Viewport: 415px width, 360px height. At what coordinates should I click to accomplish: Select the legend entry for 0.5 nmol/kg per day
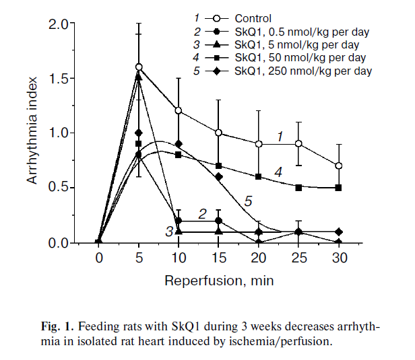(x=302, y=32)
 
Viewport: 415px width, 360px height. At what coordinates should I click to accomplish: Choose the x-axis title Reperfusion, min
(x=218, y=279)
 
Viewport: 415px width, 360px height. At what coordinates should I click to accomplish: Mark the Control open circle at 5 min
(x=139, y=67)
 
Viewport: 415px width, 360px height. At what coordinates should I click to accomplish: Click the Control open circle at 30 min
(x=339, y=166)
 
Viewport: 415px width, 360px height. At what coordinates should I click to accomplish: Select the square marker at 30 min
(x=339, y=188)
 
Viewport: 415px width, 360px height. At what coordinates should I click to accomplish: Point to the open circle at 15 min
(x=219, y=133)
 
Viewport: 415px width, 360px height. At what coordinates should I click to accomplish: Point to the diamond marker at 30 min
(x=339, y=231)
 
